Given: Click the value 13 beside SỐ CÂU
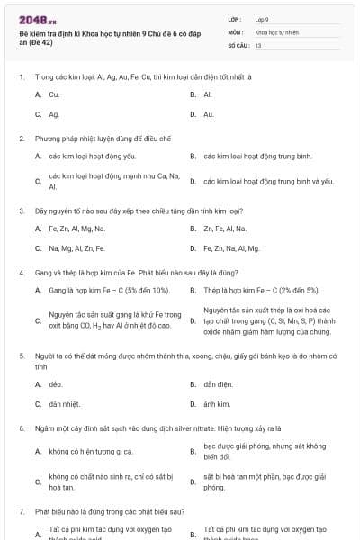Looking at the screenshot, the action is click(258, 44).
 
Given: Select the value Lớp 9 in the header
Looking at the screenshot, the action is click(262, 19).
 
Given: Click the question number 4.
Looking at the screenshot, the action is click(21, 272).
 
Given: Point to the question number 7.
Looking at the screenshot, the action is click(21, 510).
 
